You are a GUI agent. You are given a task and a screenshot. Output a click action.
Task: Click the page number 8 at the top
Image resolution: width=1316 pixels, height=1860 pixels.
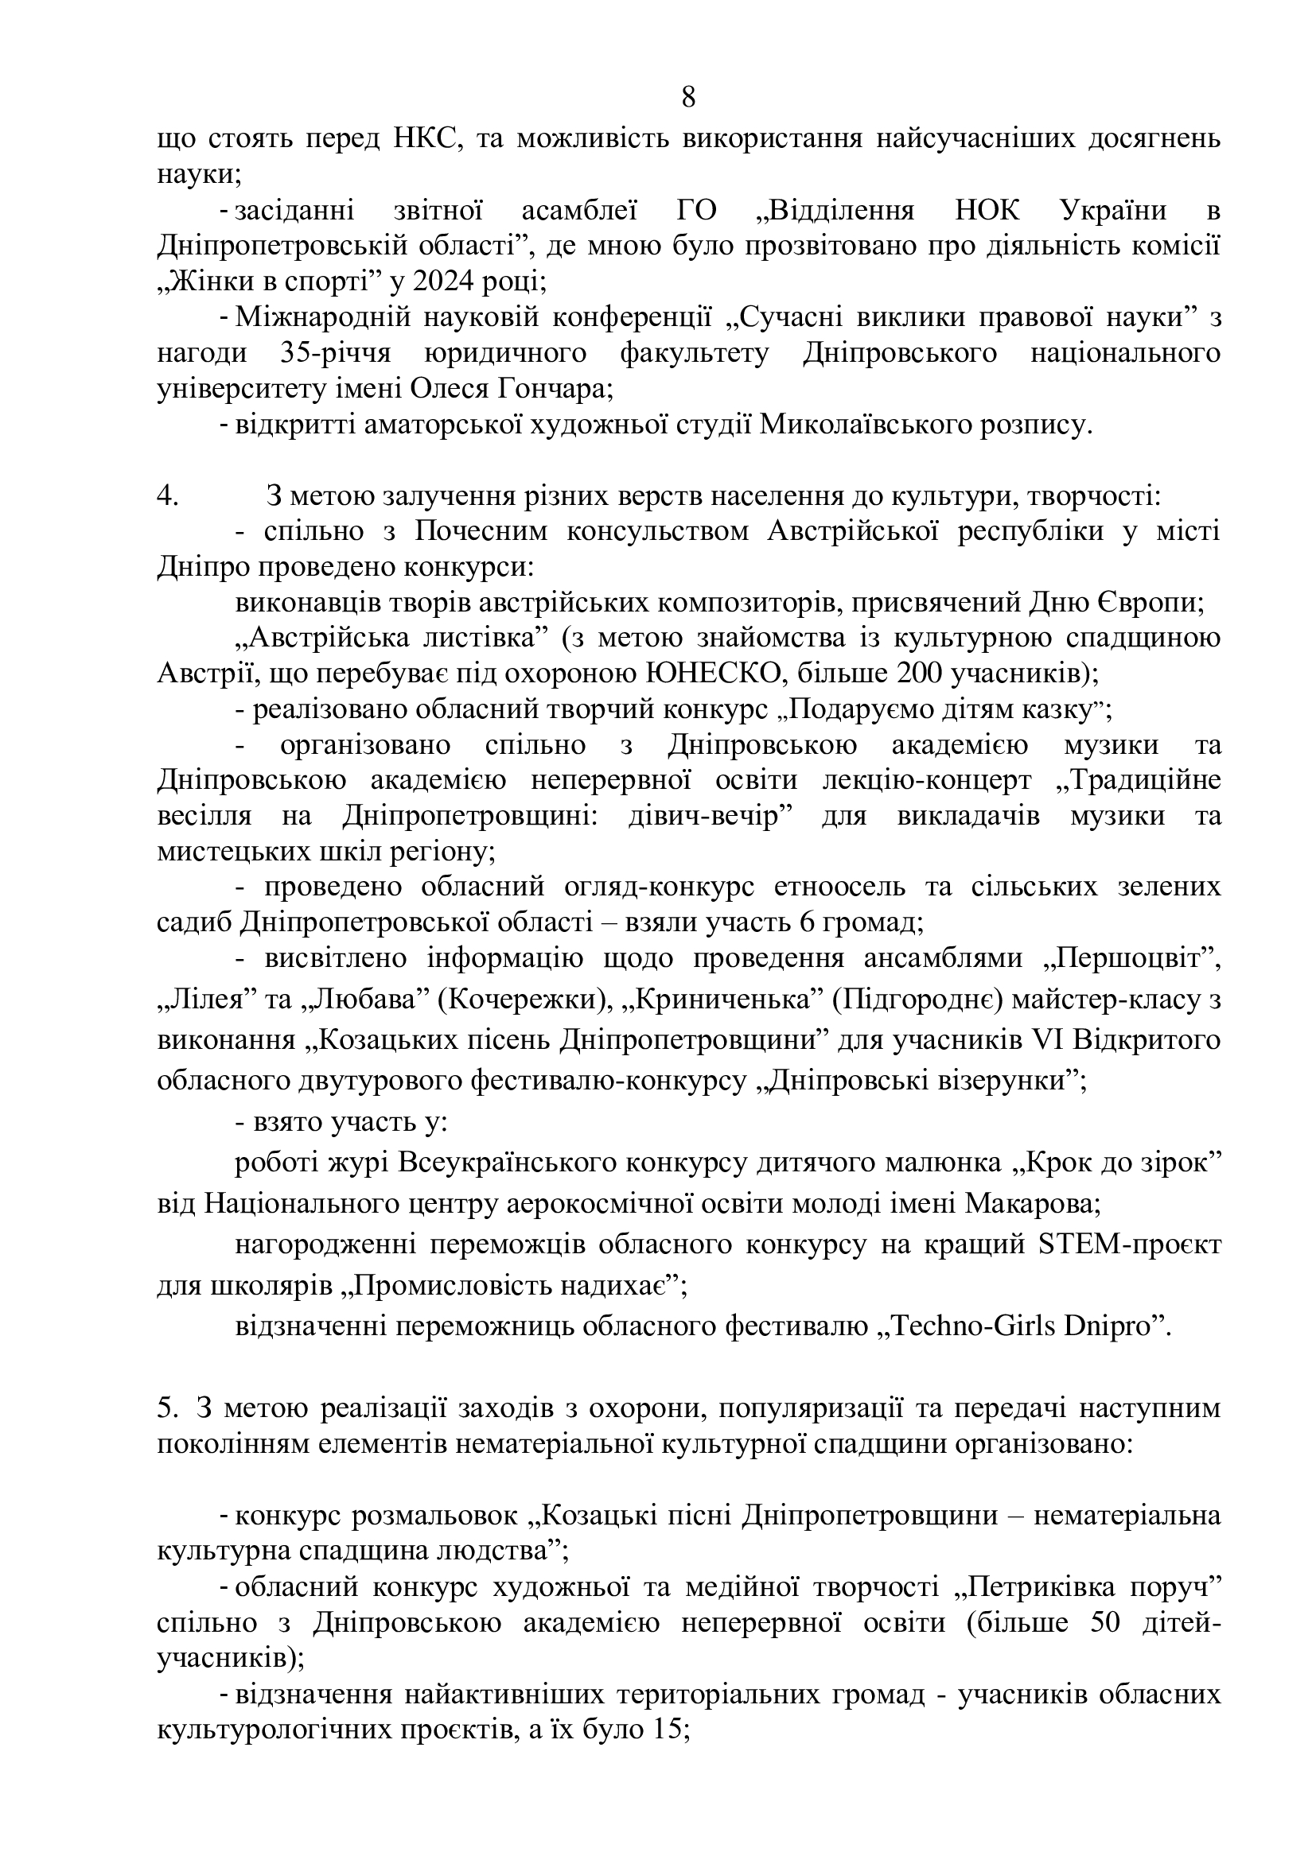point(688,97)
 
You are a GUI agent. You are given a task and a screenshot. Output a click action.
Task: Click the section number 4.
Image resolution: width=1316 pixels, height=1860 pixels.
point(167,495)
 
